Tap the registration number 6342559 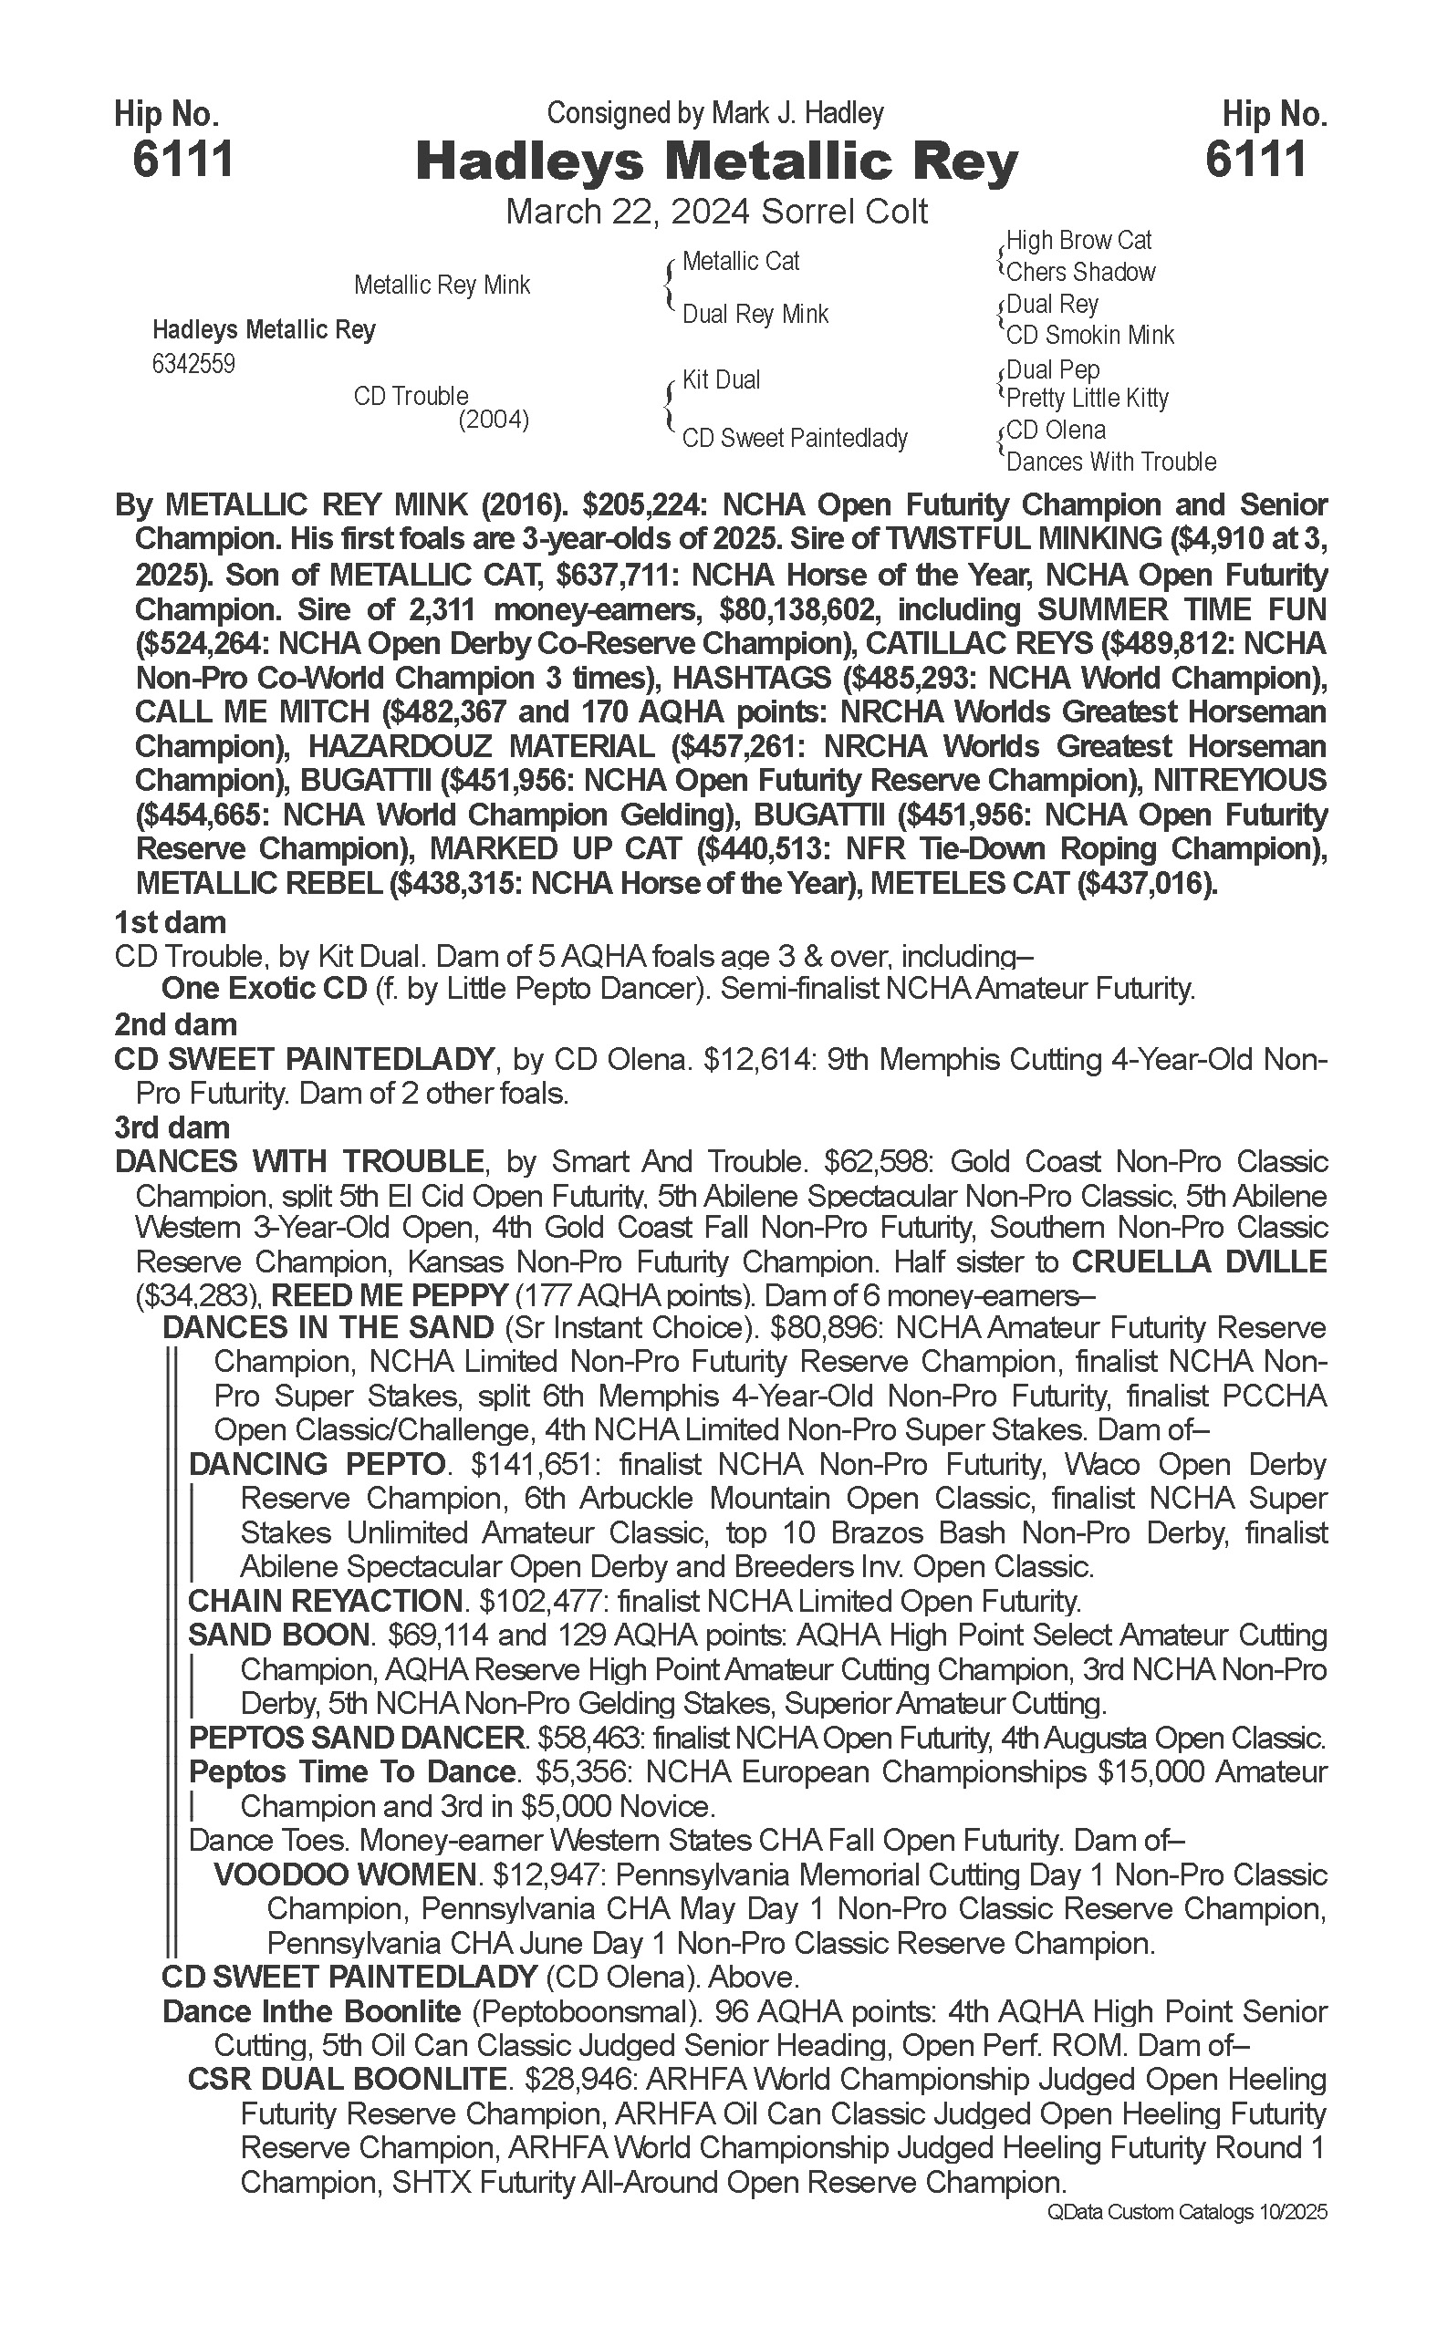coord(193,364)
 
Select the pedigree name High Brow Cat coord(1078,241)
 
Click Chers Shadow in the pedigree coord(1080,272)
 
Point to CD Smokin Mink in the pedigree coord(1090,335)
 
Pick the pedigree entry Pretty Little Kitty coord(1088,397)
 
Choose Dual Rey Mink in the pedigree coord(755,314)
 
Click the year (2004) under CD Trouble coord(494,419)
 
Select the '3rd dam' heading coord(172,1127)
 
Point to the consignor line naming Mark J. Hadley coord(715,113)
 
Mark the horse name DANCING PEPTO coord(318,1463)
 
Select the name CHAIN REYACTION coord(325,1600)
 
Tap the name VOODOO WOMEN coord(345,1874)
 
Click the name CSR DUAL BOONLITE coord(347,2079)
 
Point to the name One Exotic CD coord(265,989)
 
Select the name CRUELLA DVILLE coord(1200,1262)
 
